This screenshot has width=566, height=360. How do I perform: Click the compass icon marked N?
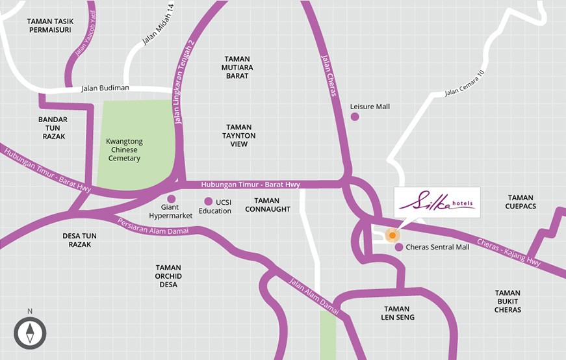[30, 332]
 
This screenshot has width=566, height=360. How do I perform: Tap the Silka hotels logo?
[437, 202]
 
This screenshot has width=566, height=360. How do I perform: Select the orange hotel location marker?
[392, 235]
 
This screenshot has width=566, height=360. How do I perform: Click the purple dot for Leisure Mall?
[355, 116]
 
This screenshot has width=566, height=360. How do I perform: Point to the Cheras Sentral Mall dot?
[398, 247]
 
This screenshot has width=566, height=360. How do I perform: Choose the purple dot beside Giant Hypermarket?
[172, 199]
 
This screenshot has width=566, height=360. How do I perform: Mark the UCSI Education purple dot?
[208, 201]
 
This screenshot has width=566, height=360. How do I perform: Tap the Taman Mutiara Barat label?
[237, 67]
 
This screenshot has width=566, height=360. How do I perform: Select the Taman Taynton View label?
[238, 135]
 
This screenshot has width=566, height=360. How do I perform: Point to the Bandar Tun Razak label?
[53, 128]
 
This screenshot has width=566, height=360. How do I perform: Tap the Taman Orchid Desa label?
[169, 276]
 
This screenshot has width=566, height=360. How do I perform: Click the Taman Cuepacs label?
[520, 202]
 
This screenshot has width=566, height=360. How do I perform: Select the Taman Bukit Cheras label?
[508, 302]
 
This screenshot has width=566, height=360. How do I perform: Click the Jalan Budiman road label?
[105, 88]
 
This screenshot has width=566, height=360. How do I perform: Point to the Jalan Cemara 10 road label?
[465, 83]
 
